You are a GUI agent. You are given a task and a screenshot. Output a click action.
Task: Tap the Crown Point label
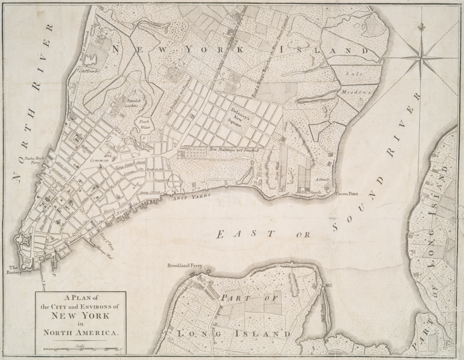coord(347,194)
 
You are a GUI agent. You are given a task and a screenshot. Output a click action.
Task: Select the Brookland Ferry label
coord(184,266)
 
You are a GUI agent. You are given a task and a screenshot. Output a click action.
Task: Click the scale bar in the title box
coord(81,349)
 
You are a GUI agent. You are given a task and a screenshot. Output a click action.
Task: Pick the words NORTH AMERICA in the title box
coord(80,332)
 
